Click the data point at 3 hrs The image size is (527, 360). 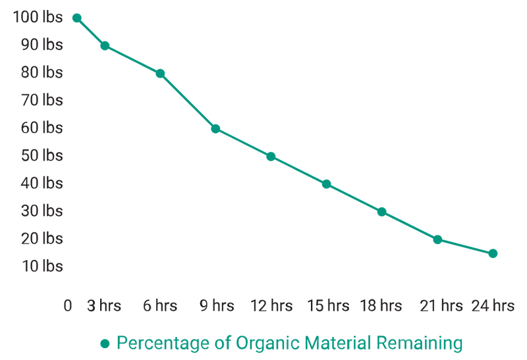tap(105, 46)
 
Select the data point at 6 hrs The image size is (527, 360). tap(160, 74)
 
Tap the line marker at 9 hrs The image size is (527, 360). tap(215, 129)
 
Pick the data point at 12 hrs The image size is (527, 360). tap(271, 157)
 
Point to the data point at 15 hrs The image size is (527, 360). tap(326, 184)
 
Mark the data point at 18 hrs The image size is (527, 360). tap(381, 212)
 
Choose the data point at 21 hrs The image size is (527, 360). tap(437, 240)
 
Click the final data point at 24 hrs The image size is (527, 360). tap(493, 253)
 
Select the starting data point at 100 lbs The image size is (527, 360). tap(76, 18)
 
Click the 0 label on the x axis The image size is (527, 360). tap(67, 305)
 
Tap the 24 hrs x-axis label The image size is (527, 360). tap(492, 305)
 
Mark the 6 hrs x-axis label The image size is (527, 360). tap(159, 305)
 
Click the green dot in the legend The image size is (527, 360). tap(103, 344)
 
